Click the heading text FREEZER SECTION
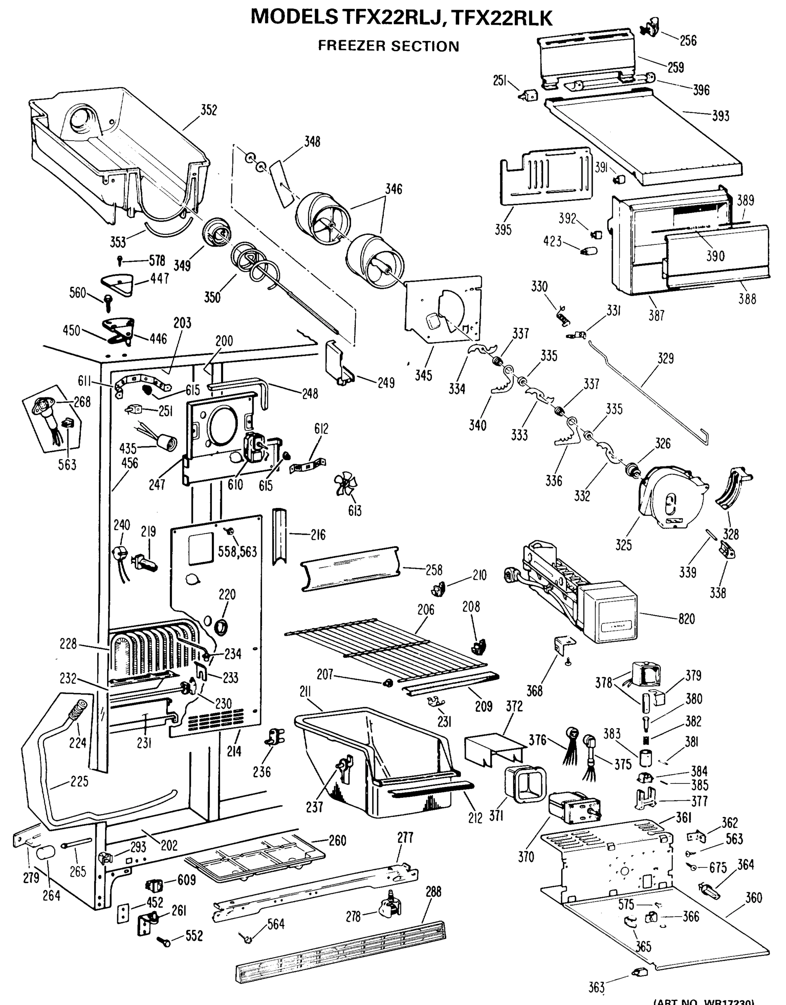(388, 46)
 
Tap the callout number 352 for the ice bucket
(208, 110)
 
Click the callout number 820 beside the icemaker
(686, 619)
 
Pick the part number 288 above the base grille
(433, 892)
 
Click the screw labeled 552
(164, 941)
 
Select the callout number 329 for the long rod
(665, 358)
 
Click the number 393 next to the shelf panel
(720, 116)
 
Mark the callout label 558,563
(237, 551)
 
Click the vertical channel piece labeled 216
(279, 536)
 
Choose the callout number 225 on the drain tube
(79, 781)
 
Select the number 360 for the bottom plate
(753, 898)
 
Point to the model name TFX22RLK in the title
(501, 18)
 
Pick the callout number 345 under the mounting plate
(424, 375)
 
